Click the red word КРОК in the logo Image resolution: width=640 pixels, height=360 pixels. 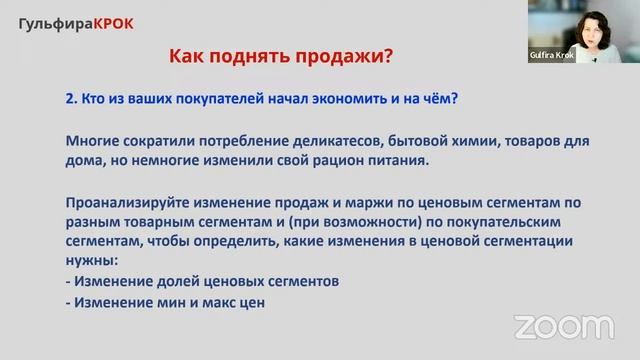(x=113, y=22)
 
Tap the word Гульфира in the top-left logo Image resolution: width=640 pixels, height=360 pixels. (x=56, y=22)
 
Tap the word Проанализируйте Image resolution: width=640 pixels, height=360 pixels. (x=127, y=202)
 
